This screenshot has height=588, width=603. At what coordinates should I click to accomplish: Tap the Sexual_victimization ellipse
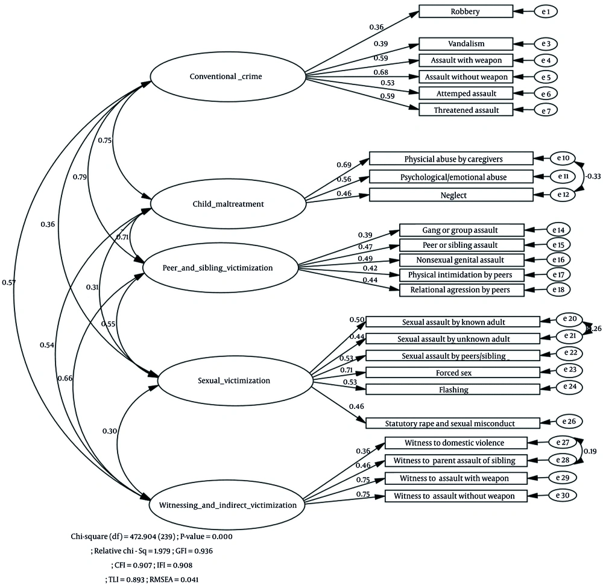235,380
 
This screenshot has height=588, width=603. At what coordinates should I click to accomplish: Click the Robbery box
466,11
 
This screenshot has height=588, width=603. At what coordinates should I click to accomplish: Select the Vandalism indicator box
466,44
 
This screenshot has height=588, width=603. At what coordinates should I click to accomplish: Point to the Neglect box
451,195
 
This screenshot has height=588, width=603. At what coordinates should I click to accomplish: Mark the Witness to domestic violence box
456,443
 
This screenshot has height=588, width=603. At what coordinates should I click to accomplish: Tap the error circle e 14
558,229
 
